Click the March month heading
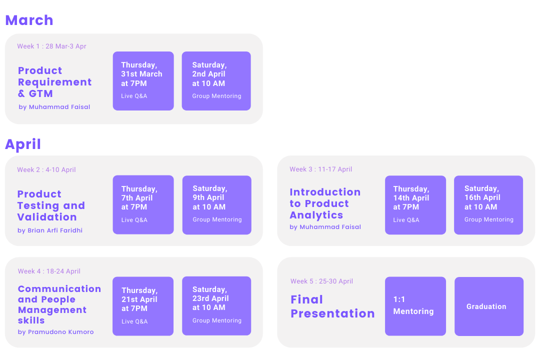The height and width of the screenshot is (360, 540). pos(29,20)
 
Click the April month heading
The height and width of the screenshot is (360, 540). pos(23,144)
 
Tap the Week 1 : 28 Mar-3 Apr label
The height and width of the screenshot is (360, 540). pos(51,46)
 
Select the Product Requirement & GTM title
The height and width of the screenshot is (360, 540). pos(54,82)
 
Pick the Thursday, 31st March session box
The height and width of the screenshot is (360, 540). pos(143,80)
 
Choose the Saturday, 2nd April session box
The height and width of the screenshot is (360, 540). pos(216,80)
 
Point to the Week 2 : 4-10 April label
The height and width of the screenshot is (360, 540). pos(46,170)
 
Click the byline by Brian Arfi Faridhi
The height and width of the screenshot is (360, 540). pos(50,230)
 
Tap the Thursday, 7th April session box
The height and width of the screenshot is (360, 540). pos(143,204)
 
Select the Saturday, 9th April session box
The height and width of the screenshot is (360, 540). pos(216,204)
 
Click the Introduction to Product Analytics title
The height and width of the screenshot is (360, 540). pos(325,203)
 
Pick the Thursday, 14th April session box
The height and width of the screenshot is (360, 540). pos(415,204)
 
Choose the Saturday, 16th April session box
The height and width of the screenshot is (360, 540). pos(488,204)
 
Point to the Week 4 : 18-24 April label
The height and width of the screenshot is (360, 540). pos(49,271)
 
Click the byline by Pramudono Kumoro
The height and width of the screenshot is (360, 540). pos(55,332)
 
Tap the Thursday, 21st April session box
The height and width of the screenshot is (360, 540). pos(143,306)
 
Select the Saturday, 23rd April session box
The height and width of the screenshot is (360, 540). pos(216,305)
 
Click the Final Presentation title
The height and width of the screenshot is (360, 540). pos(332,306)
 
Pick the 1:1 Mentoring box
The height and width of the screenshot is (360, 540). pos(415,306)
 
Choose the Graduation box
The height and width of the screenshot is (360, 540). pos(488,306)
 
